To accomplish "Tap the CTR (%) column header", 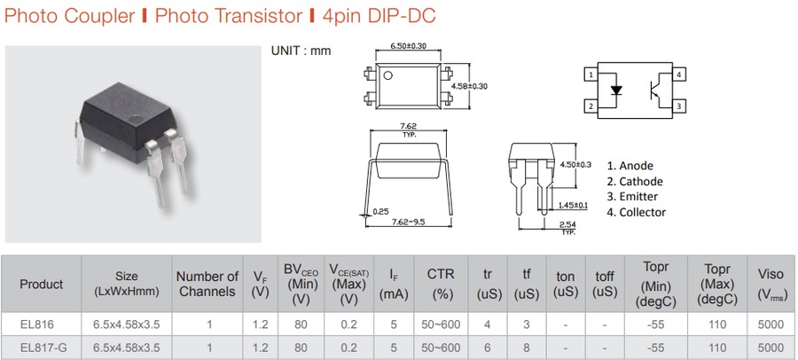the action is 440,284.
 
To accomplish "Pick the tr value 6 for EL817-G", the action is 487,348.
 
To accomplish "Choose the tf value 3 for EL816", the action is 526,325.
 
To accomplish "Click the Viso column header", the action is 771,284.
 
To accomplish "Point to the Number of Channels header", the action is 207,284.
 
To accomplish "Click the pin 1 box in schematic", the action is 591,74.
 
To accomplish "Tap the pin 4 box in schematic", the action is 679,74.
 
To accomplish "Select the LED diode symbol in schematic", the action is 616,90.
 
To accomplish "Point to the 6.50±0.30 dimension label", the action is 408,46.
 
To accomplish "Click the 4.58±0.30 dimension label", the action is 469,86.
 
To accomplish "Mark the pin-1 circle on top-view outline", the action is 388,76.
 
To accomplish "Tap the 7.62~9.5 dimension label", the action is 408,222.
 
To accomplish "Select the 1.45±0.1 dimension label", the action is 573,205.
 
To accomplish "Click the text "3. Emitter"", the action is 632,197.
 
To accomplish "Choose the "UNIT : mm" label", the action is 301,51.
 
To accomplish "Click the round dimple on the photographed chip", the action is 135,121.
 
